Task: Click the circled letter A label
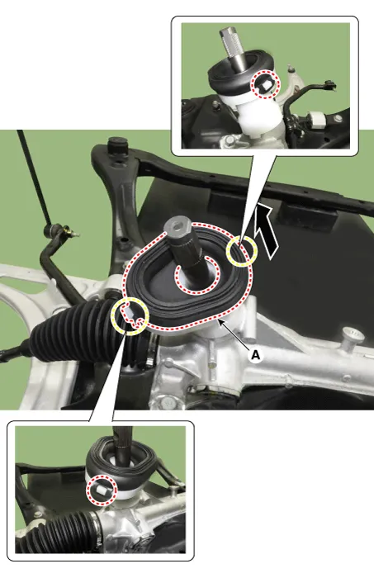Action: (x=255, y=354)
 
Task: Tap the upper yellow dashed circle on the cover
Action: (x=242, y=251)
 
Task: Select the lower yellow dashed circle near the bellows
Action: (x=130, y=315)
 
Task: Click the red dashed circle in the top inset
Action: (x=266, y=84)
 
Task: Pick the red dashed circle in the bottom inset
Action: (x=102, y=490)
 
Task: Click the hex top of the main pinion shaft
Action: (x=177, y=226)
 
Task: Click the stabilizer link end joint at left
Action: (x=55, y=231)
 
